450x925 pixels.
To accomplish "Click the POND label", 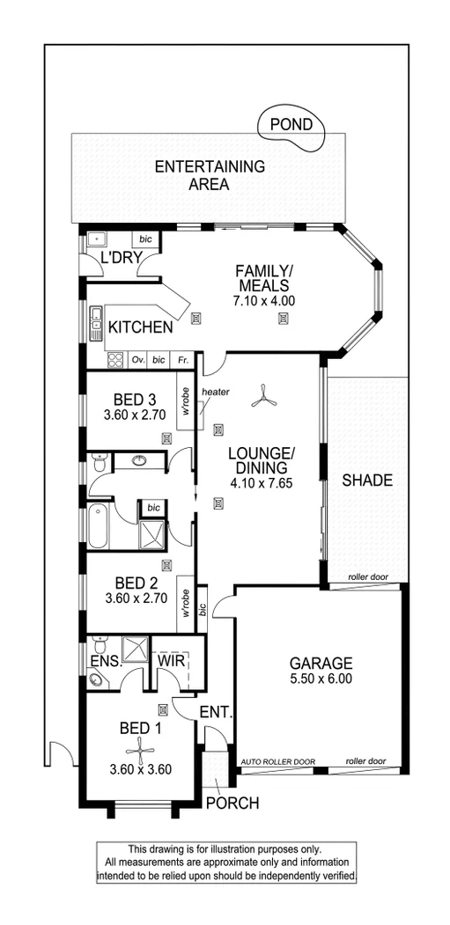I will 291,125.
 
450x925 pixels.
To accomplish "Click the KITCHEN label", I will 140,328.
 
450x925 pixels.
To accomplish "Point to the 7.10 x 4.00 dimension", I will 264,301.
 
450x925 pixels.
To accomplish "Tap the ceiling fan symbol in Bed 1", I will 139,749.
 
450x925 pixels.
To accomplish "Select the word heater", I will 215,392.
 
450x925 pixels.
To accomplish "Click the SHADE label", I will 367,481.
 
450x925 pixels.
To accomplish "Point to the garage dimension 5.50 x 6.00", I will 321,680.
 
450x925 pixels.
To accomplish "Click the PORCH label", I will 232,803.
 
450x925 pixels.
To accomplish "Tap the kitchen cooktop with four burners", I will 114,360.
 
